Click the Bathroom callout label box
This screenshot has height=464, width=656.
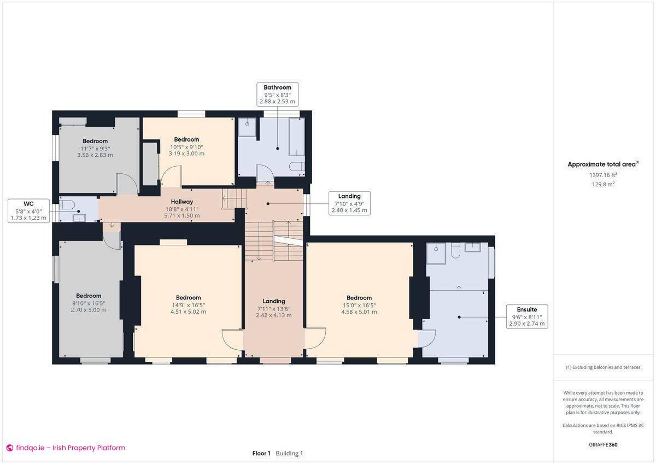[x=278, y=94]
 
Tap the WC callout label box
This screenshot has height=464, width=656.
[x=28, y=211]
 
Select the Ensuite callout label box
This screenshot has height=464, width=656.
[x=527, y=316]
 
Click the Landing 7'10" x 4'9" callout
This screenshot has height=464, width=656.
[x=349, y=203]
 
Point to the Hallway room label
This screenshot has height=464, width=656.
[x=181, y=208]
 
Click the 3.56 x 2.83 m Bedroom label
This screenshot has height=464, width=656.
[x=95, y=148]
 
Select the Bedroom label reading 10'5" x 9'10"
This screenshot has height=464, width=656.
[x=186, y=146]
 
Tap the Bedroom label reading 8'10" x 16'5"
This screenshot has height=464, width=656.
[x=89, y=303]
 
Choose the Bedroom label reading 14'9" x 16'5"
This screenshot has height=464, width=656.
[x=188, y=305]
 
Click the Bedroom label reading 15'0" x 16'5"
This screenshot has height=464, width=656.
[x=359, y=305]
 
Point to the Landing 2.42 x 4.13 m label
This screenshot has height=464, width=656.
[x=273, y=308]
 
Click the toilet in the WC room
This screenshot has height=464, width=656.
[x=67, y=204]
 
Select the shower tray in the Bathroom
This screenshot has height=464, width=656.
[x=247, y=127]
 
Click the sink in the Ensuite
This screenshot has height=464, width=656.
[x=472, y=247]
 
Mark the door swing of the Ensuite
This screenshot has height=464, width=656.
[x=427, y=339]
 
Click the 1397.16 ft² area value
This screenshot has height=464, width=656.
[x=603, y=175]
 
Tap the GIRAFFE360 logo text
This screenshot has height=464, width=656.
[x=603, y=445]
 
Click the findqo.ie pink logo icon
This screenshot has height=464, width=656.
[x=9, y=448]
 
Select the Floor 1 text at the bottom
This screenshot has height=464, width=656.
[x=261, y=454]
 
